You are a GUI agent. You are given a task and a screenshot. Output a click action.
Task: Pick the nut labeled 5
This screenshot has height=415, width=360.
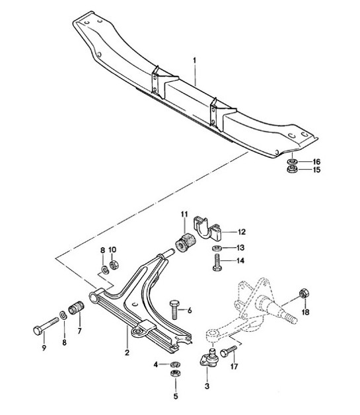[x=176, y=375]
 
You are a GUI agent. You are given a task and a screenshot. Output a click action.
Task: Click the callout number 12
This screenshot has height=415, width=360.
[x=241, y=231]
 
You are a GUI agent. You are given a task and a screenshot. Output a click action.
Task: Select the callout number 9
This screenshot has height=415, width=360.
[x=44, y=348]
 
